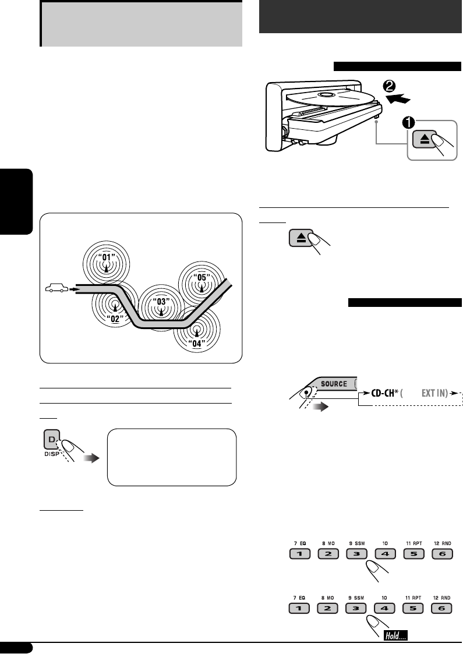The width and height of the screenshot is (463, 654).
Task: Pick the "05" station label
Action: point(201,278)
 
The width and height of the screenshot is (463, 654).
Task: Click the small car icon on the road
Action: point(56,288)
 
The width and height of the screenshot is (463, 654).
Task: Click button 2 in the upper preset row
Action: point(328,553)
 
